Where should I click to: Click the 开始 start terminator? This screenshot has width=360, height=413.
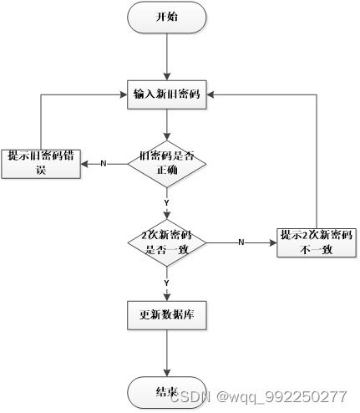pos(167,18)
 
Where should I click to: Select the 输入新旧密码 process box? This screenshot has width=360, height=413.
pos(167,93)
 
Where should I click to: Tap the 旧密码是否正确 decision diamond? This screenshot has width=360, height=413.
pos(167,163)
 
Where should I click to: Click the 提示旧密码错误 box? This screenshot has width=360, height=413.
pos(40,162)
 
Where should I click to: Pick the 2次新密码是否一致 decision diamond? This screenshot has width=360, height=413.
pos(167,242)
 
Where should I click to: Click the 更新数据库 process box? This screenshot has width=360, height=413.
pos(167,317)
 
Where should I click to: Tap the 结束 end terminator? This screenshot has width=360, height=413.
pos(166,392)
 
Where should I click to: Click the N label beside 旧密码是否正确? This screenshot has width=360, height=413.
pos(104,163)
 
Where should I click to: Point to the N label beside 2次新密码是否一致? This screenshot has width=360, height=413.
pos(241,242)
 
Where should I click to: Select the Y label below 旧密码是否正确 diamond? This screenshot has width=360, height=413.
pos(167,201)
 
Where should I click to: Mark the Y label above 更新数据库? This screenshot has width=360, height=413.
pos(167,283)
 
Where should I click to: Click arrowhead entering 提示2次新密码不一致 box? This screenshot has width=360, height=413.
pos(272,242)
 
